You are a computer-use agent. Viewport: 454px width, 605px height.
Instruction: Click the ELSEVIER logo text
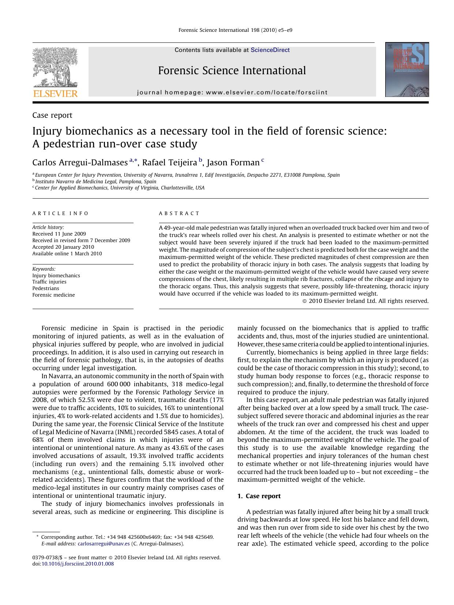[55, 94]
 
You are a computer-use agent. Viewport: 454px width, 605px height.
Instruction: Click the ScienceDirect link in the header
[270, 50]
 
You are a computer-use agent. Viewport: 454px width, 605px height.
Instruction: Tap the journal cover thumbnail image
[406, 69]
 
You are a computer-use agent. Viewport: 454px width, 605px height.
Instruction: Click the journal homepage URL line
[232, 93]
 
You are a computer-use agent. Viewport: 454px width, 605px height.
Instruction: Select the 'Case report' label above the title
[52, 115]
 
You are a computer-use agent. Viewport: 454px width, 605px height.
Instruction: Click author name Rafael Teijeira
[169, 162]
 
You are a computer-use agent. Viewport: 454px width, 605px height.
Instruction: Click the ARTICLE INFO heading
[60, 213]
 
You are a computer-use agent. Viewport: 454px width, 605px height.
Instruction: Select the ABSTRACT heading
[179, 213]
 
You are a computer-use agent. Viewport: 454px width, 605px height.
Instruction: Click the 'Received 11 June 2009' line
[59, 234]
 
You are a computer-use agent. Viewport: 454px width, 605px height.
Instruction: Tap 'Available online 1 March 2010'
[67, 253]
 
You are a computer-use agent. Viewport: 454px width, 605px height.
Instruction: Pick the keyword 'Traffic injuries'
[49, 282]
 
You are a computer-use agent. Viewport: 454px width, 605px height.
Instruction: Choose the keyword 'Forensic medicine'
[53, 295]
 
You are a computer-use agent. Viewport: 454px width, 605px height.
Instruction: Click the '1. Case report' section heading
[259, 496]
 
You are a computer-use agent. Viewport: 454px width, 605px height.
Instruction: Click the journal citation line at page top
[235, 30]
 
